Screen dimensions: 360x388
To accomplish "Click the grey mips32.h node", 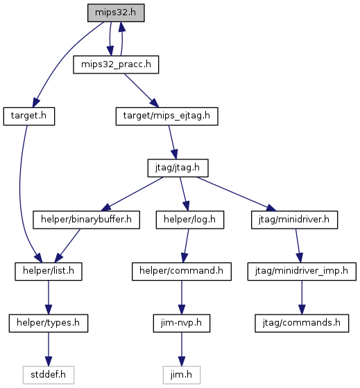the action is pyautogui.click(x=116, y=12).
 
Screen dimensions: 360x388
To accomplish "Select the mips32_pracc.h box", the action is pyautogui.click(x=116, y=64).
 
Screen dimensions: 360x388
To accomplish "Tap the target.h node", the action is pyautogui.click(x=29, y=116).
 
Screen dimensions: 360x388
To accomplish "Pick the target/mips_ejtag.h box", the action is pyautogui.click(x=166, y=116).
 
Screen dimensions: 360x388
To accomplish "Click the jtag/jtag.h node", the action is pyautogui.click(x=178, y=168).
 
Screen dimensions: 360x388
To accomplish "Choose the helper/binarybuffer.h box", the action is pyautogui.click(x=86, y=220).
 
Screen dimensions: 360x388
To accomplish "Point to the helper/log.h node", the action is pyautogui.click(x=190, y=220).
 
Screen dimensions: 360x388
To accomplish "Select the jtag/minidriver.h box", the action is pyautogui.click(x=294, y=220).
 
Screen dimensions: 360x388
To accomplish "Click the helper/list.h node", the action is pyautogui.click(x=49, y=272).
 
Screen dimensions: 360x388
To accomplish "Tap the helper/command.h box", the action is pyautogui.click(x=182, y=272).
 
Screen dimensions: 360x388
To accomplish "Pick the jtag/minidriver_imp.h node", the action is pyautogui.click(x=302, y=272).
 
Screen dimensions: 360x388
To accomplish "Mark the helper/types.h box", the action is pyautogui.click(x=49, y=323).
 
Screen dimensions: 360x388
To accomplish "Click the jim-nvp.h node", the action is pyautogui.click(x=182, y=323).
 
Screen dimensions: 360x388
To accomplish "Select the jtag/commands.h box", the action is pyautogui.click(x=302, y=323).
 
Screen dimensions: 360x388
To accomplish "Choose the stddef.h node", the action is pyautogui.click(x=49, y=375).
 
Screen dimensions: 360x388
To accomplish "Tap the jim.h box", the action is pyautogui.click(x=182, y=375).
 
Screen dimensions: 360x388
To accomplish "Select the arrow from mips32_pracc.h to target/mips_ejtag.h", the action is pyautogui.click(x=142, y=91).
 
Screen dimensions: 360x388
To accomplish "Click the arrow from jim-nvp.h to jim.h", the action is pyautogui.click(x=182, y=349).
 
